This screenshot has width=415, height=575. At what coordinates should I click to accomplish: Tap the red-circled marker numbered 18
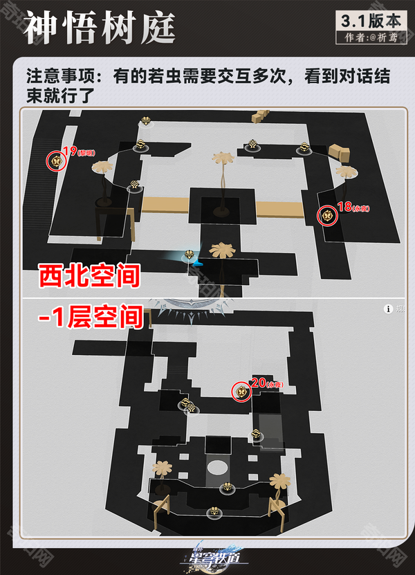[326, 216]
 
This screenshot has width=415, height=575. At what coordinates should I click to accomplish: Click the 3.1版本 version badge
[371, 19]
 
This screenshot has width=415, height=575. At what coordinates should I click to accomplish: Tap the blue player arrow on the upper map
[196, 262]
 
